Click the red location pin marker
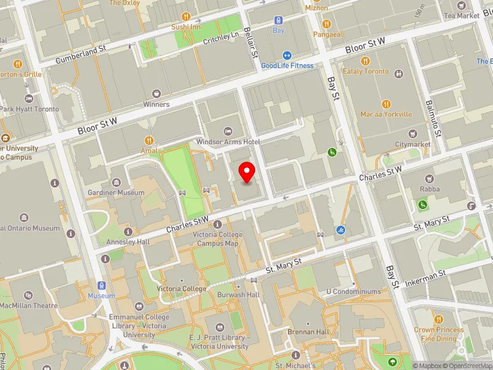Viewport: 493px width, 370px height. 247,172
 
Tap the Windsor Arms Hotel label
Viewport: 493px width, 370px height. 229,142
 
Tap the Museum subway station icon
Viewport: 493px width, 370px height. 102,286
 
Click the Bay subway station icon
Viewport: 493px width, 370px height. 279,20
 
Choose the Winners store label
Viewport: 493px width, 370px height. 157,104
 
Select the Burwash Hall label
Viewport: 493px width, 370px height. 238,295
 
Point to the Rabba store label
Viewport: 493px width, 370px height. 426,189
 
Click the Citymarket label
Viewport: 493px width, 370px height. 413,144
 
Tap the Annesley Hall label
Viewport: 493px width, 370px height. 128,242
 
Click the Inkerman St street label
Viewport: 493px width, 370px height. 426,274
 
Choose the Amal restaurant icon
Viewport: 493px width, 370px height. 149,140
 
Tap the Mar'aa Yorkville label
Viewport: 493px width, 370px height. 386,114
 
